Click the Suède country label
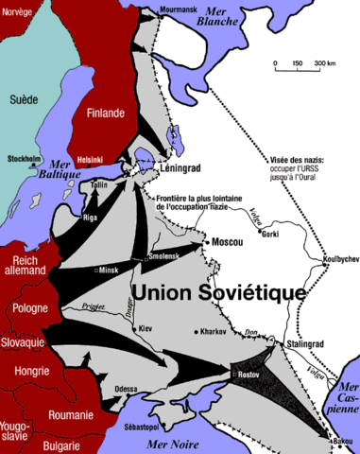click(23, 98)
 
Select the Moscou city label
click(227, 243)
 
